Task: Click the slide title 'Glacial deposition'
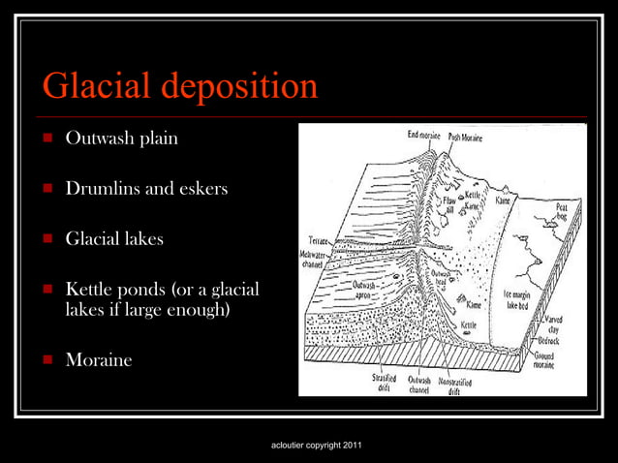pyautogui.click(x=180, y=86)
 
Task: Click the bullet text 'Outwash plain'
pyautogui.click(x=121, y=138)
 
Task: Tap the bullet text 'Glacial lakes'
pyautogui.click(x=114, y=238)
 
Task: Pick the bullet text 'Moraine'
pyautogui.click(x=98, y=359)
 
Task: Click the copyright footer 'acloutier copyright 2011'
pyautogui.click(x=319, y=445)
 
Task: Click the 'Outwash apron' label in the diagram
pyautogui.click(x=365, y=288)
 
